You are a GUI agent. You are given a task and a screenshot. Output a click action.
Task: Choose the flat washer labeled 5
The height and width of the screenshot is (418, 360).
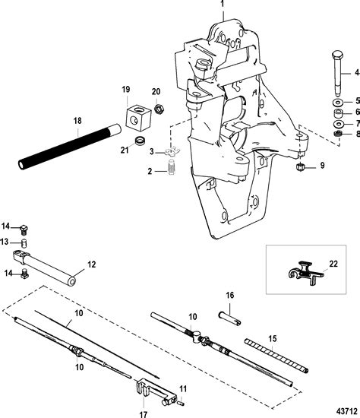coord(336,101)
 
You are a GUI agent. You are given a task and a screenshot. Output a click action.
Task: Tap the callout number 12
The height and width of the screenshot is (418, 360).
coord(92,264)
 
